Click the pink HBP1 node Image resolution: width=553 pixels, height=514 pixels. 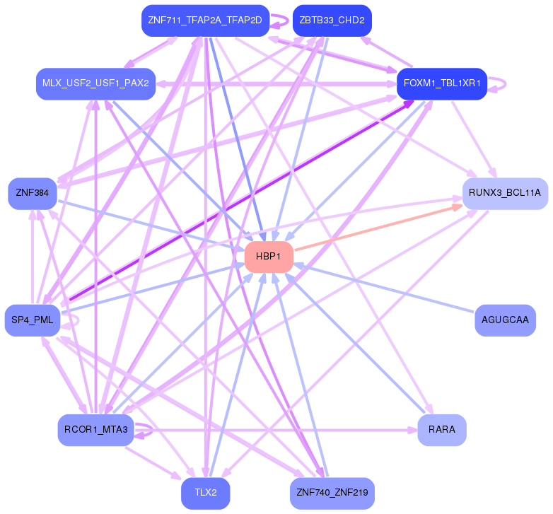pyautogui.click(x=269, y=257)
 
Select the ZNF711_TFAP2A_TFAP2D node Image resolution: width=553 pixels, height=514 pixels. pyautogui.click(x=205, y=21)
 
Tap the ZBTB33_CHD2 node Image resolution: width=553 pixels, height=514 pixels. pyautogui.click(x=332, y=21)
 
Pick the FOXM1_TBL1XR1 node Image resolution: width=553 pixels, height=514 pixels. pyautogui.click(x=442, y=83)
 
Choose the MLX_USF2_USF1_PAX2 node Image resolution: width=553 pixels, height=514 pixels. pyautogui.click(x=95, y=83)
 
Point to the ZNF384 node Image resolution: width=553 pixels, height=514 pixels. pyautogui.click(x=32, y=193)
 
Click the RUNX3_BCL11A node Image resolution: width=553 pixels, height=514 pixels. pyautogui.click(x=505, y=193)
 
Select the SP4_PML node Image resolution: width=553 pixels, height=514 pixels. pyautogui.click(x=33, y=320)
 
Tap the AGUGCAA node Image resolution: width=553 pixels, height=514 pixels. pyautogui.click(x=505, y=320)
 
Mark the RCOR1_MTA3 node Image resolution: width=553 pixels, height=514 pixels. pyautogui.click(x=95, y=430)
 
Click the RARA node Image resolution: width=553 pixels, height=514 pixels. pyautogui.click(x=442, y=430)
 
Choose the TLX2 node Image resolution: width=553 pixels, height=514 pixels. pyautogui.click(x=205, y=493)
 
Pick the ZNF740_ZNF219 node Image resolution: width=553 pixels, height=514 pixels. pyautogui.click(x=332, y=493)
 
